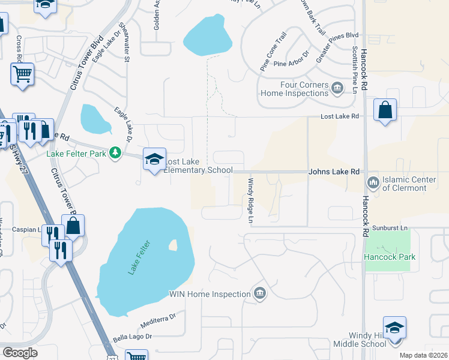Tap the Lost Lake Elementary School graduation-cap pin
pos(154,160)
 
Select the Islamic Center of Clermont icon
pos(372,181)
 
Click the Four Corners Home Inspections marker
pos(337,89)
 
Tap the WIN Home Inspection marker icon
pos(259,293)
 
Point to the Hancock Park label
pos(390,257)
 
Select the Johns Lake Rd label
pos(334,172)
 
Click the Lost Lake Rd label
pos(339,116)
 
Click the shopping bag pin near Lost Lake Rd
pos(385,111)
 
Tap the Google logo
pos(20,352)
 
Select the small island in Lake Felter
pos(173,245)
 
